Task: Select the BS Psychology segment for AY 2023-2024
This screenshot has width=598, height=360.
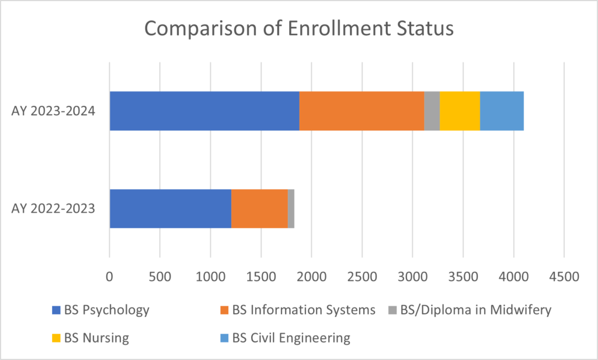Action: point(204,111)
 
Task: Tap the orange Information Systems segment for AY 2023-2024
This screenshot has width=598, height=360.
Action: point(361,111)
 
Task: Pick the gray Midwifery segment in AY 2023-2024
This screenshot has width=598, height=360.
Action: point(432,111)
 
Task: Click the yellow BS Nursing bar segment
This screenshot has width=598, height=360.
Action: point(460,111)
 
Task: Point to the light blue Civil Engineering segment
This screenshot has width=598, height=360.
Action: point(502,111)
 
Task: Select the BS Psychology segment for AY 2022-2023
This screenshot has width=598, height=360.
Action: point(171,209)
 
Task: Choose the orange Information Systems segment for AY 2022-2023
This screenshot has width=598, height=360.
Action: point(259,209)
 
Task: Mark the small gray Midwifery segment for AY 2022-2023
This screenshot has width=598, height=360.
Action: point(291,209)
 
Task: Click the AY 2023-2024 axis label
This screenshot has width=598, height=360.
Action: point(53,111)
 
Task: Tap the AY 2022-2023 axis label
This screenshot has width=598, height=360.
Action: point(53,209)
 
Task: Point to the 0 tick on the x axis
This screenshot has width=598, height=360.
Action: point(109,275)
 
